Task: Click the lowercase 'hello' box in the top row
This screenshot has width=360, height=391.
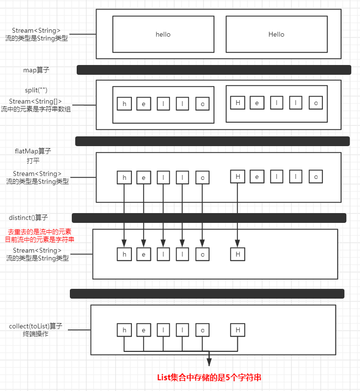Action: pos(163,34)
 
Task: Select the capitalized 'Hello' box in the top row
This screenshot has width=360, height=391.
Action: pos(276,34)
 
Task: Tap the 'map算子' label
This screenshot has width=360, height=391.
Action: pos(36,70)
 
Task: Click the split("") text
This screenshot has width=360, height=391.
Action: pos(36,90)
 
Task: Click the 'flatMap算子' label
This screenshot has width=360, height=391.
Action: pos(33,151)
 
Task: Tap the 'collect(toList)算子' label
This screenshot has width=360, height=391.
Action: pos(36,326)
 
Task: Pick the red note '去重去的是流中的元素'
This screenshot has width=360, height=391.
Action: pos(40,232)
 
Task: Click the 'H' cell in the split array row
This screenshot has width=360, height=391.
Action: pos(238,103)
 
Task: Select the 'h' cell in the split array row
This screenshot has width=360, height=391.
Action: pos(124,104)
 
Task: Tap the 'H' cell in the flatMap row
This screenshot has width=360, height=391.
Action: pos(238,176)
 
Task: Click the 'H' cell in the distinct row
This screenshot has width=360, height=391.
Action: pos(238,254)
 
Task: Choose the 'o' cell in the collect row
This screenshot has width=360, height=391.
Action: pos(202,330)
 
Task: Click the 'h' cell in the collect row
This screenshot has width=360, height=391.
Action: pos(124,330)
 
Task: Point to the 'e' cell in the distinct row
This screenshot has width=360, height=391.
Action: pos(144,254)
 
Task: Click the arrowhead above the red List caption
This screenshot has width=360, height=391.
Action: pos(209,362)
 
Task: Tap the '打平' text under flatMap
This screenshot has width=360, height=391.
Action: pos(33,161)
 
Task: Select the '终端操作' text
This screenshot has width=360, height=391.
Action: pos(36,334)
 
